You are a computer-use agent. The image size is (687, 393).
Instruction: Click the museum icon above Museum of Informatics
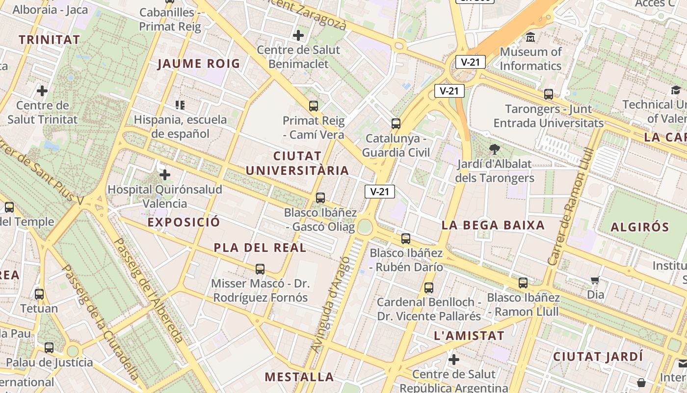(530, 37)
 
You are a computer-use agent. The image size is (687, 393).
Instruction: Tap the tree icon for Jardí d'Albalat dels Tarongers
(495, 149)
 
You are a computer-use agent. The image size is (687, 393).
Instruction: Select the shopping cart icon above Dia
(595, 281)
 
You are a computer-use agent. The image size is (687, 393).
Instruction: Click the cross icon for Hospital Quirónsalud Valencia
(165, 175)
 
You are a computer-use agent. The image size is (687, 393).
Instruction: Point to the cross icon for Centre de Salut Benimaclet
(298, 35)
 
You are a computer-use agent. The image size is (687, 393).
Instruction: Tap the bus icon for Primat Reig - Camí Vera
(314, 106)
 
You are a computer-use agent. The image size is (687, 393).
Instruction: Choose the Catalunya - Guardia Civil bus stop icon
(396, 124)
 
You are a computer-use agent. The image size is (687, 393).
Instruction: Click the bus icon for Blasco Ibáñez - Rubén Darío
(406, 239)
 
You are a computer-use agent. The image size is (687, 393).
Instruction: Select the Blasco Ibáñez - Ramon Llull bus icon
(523, 283)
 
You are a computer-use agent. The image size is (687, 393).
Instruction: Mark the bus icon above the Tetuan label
(39, 294)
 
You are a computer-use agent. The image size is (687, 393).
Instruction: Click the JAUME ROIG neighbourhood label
(199, 63)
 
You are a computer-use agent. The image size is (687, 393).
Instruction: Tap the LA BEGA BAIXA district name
(493, 225)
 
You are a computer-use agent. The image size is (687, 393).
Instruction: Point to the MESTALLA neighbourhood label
(299, 377)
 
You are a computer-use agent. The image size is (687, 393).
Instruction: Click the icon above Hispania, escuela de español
(180, 105)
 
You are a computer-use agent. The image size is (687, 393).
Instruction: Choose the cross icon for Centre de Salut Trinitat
(42, 91)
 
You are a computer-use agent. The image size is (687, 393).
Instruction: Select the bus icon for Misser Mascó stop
(260, 269)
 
